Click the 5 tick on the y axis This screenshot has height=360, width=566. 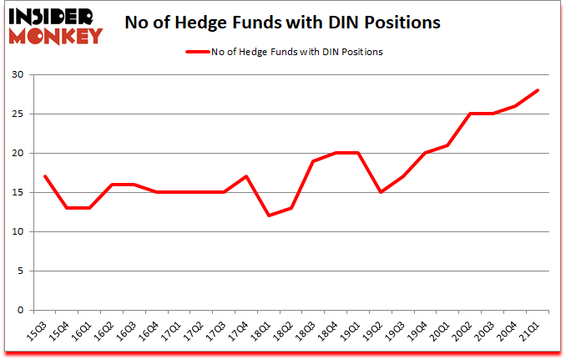[x=26, y=271]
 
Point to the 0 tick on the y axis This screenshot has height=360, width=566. [x=26, y=311]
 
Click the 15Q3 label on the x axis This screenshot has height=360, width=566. [x=38, y=330]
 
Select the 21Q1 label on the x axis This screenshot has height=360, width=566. [x=531, y=330]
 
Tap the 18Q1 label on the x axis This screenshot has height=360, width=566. [x=262, y=330]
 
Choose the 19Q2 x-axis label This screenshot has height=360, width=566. [x=374, y=330]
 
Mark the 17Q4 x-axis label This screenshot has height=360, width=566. [x=240, y=330]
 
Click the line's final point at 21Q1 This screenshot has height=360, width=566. [x=538, y=90]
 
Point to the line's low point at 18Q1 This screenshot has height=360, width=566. [x=269, y=216]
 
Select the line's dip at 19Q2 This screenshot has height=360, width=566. [x=381, y=193]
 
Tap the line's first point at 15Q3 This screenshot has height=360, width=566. [x=44, y=177]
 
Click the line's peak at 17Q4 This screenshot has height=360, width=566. [x=246, y=177]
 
